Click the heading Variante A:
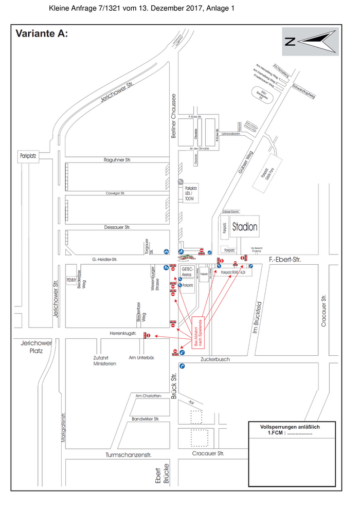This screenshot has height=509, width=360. pyautogui.click(x=42, y=34)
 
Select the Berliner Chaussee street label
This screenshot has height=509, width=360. pyautogui.click(x=174, y=116)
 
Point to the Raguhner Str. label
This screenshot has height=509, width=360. pyautogui.click(x=118, y=160)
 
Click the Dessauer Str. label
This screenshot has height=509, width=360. pyautogui.click(x=118, y=227)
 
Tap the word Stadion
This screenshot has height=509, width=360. pyautogui.click(x=245, y=227)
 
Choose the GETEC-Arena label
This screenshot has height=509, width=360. pyautogui.click(x=187, y=272)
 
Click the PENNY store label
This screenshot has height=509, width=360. pyautogui.click(x=71, y=280)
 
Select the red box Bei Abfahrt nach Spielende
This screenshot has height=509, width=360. pyautogui.click(x=198, y=333)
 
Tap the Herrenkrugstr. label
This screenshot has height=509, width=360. pyautogui.click(x=122, y=333)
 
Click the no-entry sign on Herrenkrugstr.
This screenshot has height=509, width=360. pyautogui.click(x=148, y=336)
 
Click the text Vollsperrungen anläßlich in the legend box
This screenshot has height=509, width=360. pyautogui.click(x=291, y=427)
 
